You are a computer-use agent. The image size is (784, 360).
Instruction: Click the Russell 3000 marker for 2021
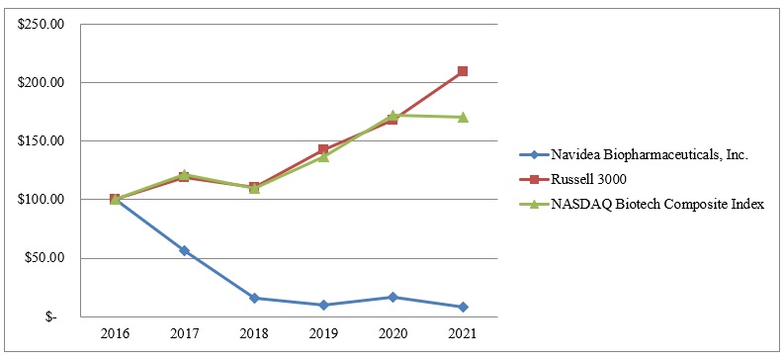[x=463, y=71]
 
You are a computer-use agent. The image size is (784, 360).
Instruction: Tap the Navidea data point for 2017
[x=184, y=251]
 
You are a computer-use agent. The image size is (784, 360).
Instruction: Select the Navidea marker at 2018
[x=254, y=298]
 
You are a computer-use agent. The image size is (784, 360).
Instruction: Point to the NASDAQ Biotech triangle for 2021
[x=463, y=117]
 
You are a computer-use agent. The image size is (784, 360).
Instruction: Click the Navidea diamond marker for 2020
[x=392, y=297]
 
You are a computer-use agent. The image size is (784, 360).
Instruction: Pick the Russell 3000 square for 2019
[x=323, y=150]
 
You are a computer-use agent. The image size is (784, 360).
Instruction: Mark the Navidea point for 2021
[x=463, y=307]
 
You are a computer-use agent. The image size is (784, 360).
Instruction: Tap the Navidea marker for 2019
[x=323, y=305]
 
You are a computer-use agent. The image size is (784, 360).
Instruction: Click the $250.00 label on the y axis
[x=41, y=24]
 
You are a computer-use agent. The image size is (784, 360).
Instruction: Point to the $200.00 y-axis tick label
[x=41, y=82]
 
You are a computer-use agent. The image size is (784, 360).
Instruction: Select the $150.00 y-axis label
[x=41, y=140]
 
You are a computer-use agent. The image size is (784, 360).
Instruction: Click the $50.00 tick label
[x=44, y=258]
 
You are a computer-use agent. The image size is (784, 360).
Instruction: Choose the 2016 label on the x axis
[x=115, y=334]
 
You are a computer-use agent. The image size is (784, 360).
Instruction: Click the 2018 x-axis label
[x=254, y=334]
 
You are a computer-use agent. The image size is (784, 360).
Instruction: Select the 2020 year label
[x=392, y=334]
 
